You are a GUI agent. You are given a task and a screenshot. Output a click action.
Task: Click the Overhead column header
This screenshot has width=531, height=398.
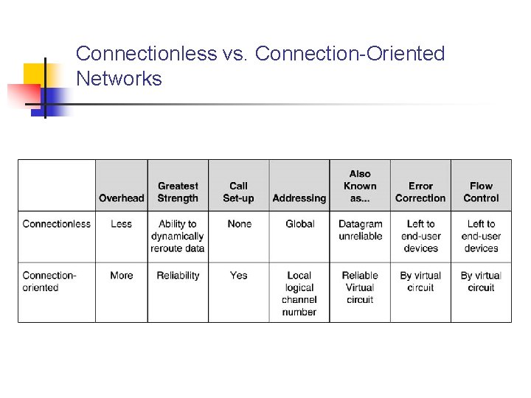pyautogui.click(x=122, y=198)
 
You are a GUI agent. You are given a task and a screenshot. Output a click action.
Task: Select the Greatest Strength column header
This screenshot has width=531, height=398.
pyautogui.click(x=178, y=192)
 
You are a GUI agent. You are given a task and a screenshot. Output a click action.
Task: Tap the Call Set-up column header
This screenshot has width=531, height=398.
pyautogui.click(x=238, y=192)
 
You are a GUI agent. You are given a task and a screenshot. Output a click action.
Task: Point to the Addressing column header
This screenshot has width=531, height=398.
pyautogui.click(x=299, y=198)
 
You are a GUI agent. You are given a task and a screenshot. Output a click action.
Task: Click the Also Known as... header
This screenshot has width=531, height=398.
pyautogui.click(x=360, y=186)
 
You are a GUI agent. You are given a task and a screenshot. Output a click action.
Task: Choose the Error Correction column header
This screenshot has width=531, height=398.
pyautogui.click(x=420, y=192)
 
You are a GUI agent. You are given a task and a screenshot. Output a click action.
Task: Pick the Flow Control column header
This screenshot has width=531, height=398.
pyautogui.click(x=481, y=192)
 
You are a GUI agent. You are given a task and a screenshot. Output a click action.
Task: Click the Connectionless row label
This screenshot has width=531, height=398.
pyautogui.click(x=57, y=224)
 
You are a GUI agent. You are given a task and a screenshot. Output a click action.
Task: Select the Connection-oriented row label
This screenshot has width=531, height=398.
pyautogui.click(x=49, y=281)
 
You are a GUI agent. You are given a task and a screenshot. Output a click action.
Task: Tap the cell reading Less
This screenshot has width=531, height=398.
pyautogui.click(x=121, y=224)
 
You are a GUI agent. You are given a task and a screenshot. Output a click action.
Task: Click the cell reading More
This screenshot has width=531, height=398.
pyautogui.click(x=121, y=276)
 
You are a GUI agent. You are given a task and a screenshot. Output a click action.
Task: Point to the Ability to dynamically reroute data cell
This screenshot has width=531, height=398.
pyautogui.click(x=178, y=236)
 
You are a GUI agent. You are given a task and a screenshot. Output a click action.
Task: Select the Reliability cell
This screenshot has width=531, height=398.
pyautogui.click(x=178, y=276)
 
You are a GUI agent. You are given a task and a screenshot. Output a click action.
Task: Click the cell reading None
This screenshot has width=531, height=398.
pyautogui.click(x=239, y=224)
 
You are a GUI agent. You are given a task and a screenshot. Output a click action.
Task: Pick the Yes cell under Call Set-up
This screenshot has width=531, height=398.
pyautogui.click(x=238, y=276)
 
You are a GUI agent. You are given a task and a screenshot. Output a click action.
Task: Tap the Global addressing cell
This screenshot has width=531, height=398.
pyautogui.click(x=299, y=224)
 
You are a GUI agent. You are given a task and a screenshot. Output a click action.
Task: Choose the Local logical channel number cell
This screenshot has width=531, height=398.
pyautogui.click(x=299, y=293)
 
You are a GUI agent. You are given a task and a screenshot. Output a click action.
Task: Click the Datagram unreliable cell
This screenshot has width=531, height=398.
pyautogui.click(x=360, y=230)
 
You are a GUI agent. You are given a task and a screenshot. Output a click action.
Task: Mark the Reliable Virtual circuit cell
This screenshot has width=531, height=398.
pyautogui.click(x=360, y=287)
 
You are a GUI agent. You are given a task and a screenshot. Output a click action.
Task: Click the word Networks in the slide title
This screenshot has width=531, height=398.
pyautogui.click(x=119, y=79)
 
